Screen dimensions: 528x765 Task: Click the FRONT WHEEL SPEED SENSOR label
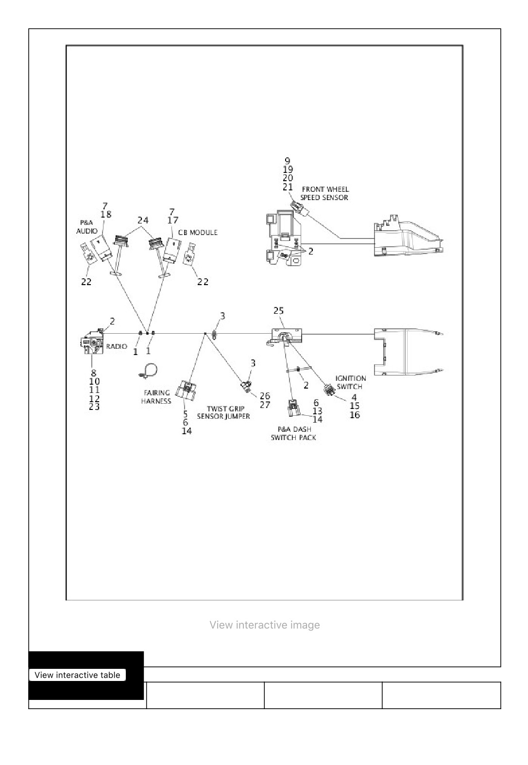324,193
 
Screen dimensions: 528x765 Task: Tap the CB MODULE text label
198,233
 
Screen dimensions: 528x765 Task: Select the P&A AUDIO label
87,227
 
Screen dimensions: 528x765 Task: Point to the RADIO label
117,346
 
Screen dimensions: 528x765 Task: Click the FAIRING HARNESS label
156,397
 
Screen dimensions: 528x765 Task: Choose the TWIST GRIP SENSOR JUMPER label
224,412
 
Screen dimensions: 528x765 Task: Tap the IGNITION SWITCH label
350,383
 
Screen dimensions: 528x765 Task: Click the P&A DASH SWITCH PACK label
293,433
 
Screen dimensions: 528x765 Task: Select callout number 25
278,310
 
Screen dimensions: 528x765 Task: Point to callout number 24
143,221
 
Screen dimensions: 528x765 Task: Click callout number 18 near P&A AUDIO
106,214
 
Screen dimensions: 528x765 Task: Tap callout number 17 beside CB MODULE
173,221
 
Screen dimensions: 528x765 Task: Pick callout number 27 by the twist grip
265,405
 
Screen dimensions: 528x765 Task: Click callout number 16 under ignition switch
355,415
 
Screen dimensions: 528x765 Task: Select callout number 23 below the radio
94,407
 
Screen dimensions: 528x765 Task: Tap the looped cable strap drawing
148,371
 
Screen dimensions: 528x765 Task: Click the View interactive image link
265,625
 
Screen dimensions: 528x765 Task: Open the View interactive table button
78,675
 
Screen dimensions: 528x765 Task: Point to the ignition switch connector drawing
329,390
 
